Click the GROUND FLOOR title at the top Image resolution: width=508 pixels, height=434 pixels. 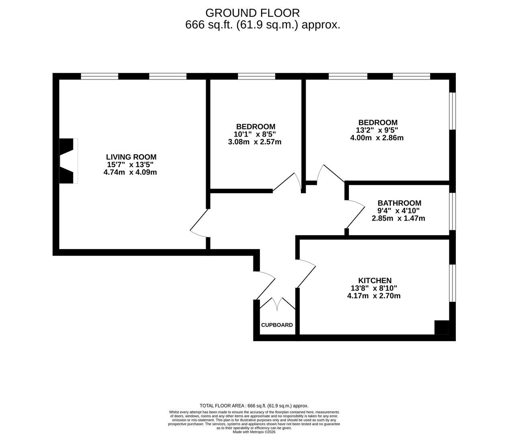click(253, 13)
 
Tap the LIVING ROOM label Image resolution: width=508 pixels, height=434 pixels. click(131, 157)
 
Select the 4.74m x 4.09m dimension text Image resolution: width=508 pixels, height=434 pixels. click(130, 172)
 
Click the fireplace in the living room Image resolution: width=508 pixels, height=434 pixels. click(69, 161)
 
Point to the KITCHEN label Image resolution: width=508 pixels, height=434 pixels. click(375, 280)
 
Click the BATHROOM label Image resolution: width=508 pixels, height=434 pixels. click(399, 203)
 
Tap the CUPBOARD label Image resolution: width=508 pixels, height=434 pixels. click(277, 325)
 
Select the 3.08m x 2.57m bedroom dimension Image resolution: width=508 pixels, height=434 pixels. click(255, 142)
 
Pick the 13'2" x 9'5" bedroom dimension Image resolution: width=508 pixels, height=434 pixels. click(377, 130)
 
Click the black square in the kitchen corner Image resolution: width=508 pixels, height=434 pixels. click(442, 327)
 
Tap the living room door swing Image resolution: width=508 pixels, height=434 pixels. click(199, 223)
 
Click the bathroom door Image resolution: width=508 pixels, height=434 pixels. click(355, 214)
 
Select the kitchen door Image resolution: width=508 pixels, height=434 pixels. click(306, 273)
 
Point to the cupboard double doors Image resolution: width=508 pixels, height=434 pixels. click(277, 304)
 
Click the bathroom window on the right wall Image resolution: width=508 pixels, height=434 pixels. click(453, 211)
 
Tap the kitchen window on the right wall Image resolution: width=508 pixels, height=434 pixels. click(453, 283)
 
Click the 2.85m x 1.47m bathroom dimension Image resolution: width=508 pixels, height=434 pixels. click(398, 218)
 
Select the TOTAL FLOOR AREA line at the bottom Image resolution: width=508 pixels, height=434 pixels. click(254, 406)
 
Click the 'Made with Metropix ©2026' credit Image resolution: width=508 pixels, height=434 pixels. click(254, 432)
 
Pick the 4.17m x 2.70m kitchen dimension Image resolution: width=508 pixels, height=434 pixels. click(374, 296)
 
